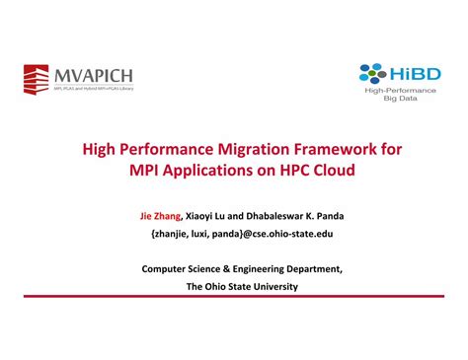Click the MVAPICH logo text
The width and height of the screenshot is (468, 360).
click(x=96, y=75)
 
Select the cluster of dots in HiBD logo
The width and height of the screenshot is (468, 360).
click(x=372, y=72)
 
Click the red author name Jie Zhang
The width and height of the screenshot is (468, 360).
click(x=161, y=214)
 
